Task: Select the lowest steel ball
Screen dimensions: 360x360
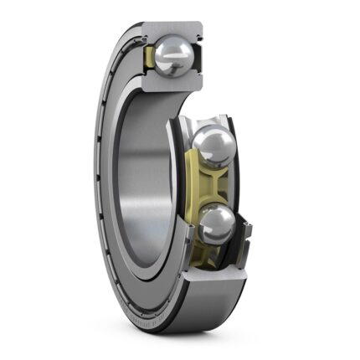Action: [218, 224]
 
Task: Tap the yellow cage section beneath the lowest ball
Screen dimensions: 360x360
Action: [216, 255]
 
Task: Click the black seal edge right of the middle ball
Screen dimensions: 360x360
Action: [245, 151]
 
